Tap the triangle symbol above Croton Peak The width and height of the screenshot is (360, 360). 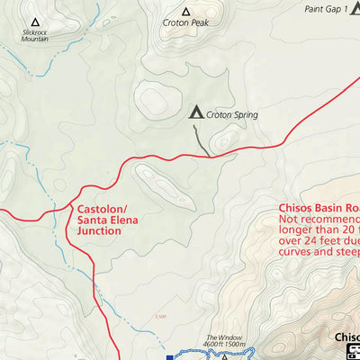[x=185, y=12]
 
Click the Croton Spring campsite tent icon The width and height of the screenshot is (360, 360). [x=195, y=112]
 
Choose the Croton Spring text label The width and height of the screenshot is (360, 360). [x=232, y=114]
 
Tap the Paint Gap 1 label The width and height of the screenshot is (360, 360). [x=325, y=9]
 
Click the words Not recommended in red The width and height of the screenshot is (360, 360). [x=319, y=219]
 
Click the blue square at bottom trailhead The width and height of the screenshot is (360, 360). [x=169, y=356]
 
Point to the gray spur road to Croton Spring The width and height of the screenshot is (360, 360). [x=202, y=139]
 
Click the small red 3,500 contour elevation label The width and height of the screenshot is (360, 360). [x=160, y=315]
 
